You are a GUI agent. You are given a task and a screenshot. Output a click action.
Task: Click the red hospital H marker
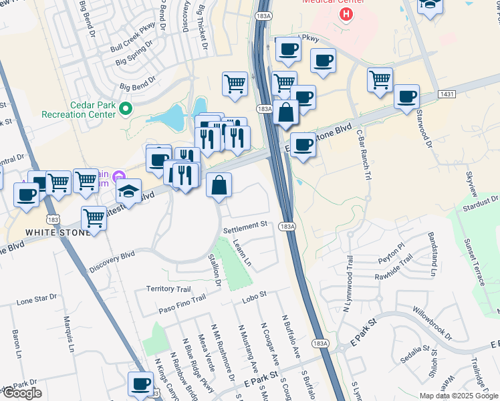click(x=346, y=14)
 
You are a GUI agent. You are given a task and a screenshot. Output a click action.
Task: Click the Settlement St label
click(x=245, y=227)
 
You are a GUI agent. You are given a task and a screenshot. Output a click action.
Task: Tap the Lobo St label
click(x=253, y=294)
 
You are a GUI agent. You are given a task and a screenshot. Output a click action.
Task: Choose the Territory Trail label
click(x=168, y=289)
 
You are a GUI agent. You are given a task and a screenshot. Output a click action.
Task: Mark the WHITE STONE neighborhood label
click(x=56, y=232)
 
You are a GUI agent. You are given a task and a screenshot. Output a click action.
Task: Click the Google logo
click(x=21, y=393)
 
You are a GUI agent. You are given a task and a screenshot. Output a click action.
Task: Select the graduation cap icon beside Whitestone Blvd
click(x=128, y=190)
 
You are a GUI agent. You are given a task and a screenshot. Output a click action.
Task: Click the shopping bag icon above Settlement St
click(x=219, y=184)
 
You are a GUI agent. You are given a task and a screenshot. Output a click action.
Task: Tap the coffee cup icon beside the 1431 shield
click(x=406, y=96)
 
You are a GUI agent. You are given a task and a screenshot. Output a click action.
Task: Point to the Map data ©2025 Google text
click(x=459, y=396)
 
